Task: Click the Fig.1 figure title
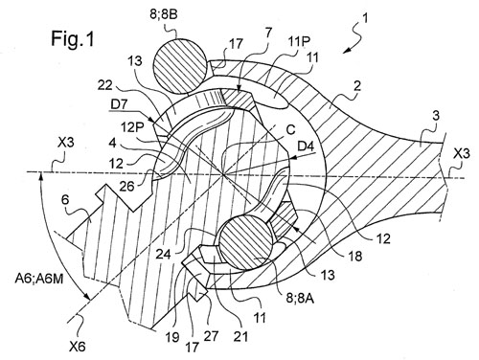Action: coord(73,39)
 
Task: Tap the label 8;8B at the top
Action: coord(163,15)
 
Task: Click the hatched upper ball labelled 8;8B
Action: coord(179,66)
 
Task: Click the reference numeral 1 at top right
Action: coord(365,18)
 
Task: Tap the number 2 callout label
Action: coord(357,86)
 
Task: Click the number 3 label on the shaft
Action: coord(435,116)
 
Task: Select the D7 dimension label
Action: coord(119,105)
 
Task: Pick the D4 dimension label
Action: coord(306,146)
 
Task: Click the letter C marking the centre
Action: coord(290,130)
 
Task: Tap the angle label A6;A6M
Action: coord(40,279)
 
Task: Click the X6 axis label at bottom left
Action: coord(78,346)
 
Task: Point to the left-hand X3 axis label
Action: coord(66,143)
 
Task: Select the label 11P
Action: coord(301,41)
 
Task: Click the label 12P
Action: coord(131,127)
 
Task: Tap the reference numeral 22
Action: coord(105,85)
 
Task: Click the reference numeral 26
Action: coord(126,186)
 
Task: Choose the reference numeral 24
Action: coord(164,255)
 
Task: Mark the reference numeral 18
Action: coord(355,255)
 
